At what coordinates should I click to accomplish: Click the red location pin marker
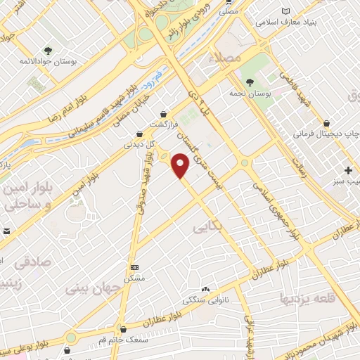(181, 167)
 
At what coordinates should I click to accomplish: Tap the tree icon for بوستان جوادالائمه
(48, 51)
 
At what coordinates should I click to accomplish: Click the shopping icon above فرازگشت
(164, 113)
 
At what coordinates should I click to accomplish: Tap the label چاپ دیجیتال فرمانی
(319, 132)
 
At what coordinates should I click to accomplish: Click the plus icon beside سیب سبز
(349, 170)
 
